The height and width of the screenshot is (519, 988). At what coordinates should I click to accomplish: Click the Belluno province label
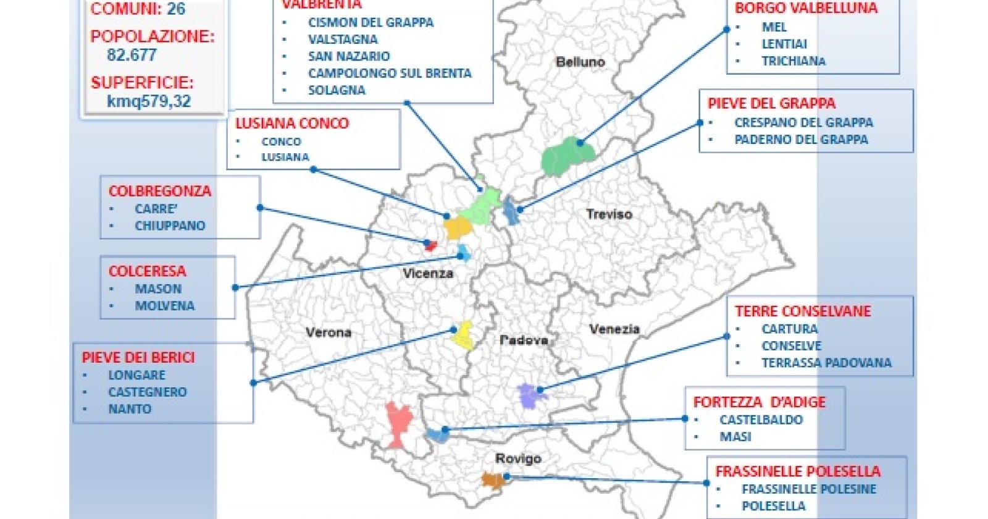(580, 62)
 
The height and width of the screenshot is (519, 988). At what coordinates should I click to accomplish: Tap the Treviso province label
(609, 214)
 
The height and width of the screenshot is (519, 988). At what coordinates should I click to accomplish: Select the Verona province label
(329, 332)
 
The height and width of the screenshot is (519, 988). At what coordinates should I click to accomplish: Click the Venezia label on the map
(614, 329)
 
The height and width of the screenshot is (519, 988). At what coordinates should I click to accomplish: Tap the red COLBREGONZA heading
(159, 191)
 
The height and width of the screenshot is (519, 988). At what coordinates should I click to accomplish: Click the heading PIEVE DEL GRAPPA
(771, 103)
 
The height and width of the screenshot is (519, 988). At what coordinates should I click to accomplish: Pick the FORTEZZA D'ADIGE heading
(759, 402)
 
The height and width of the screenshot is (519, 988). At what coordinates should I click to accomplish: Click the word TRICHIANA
(793, 61)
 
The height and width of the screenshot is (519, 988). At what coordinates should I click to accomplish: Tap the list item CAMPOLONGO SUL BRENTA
(390, 73)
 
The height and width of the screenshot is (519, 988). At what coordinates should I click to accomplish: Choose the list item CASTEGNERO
(147, 392)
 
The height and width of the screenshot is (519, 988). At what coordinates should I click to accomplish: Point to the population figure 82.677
(132, 55)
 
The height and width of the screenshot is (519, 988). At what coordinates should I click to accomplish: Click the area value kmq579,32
(148, 101)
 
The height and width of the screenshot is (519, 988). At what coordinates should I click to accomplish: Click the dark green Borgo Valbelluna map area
(565, 156)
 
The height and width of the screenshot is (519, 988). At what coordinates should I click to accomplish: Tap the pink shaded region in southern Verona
(396, 423)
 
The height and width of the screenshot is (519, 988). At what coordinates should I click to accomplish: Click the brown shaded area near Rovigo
(493, 479)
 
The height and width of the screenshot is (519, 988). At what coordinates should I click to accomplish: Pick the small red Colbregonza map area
(430, 245)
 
